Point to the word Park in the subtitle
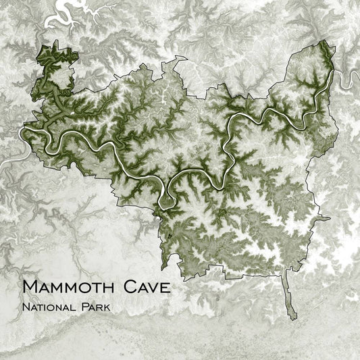tap(95, 307)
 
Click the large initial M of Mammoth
tap(30, 286)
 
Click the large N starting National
tap(25, 307)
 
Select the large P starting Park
tap(84, 307)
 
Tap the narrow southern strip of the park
tap(290, 297)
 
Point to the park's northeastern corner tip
tap(326, 42)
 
